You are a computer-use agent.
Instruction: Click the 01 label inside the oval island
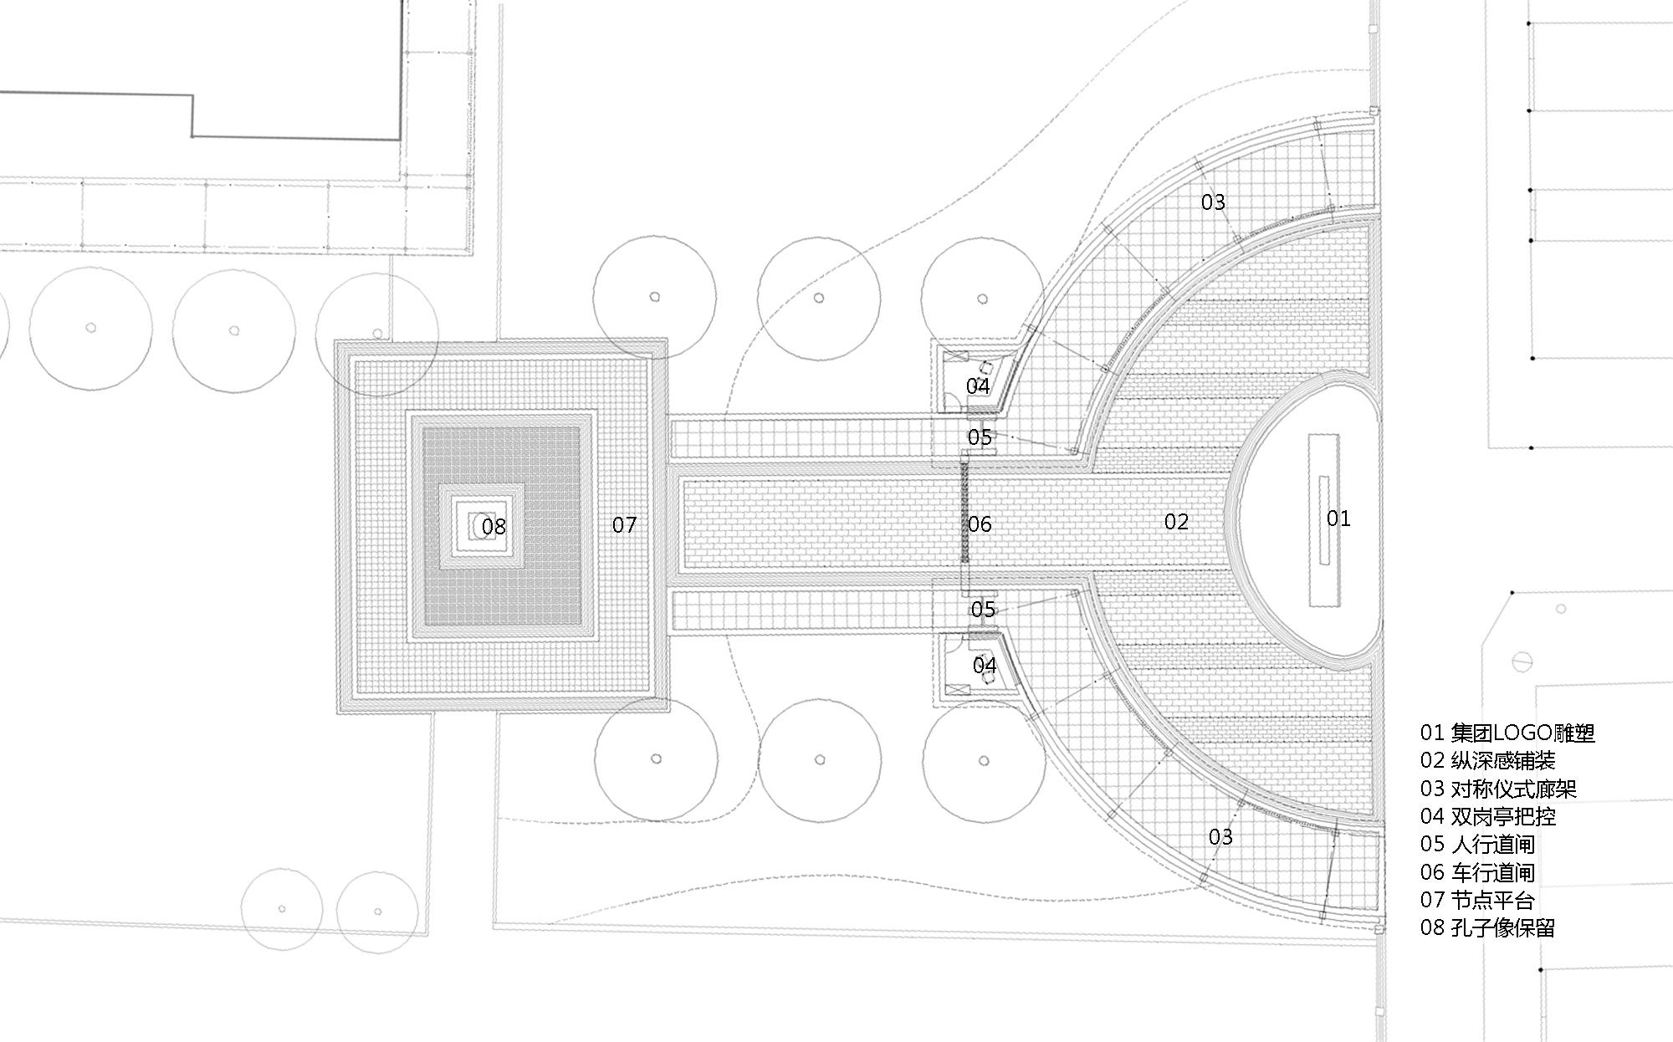tap(1338, 518)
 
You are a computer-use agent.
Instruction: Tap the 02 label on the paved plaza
tap(1176, 522)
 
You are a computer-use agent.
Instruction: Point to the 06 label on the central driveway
tap(980, 524)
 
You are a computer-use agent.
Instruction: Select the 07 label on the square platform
tap(624, 525)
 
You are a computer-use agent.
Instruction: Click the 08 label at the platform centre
tap(494, 526)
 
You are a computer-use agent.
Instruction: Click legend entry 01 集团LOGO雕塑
tap(1507, 733)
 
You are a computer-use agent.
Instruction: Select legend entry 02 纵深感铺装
tap(1487, 761)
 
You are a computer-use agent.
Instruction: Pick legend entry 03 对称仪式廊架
tap(1498, 789)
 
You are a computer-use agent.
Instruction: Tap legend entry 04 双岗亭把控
tap(1487, 816)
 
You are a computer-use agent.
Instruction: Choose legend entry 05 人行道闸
tap(1477, 845)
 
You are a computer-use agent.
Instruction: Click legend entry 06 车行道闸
tap(1477, 872)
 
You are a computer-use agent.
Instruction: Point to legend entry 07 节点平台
tap(1477, 900)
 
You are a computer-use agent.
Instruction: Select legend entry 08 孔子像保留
tap(1487, 927)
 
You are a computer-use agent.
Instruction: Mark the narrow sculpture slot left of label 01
tap(1323, 520)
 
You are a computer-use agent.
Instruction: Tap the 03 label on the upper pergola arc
tap(1213, 202)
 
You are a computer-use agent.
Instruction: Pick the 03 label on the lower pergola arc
tap(1220, 836)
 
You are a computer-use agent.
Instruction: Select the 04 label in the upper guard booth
tap(978, 386)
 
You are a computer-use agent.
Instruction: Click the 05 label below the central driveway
tap(984, 609)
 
